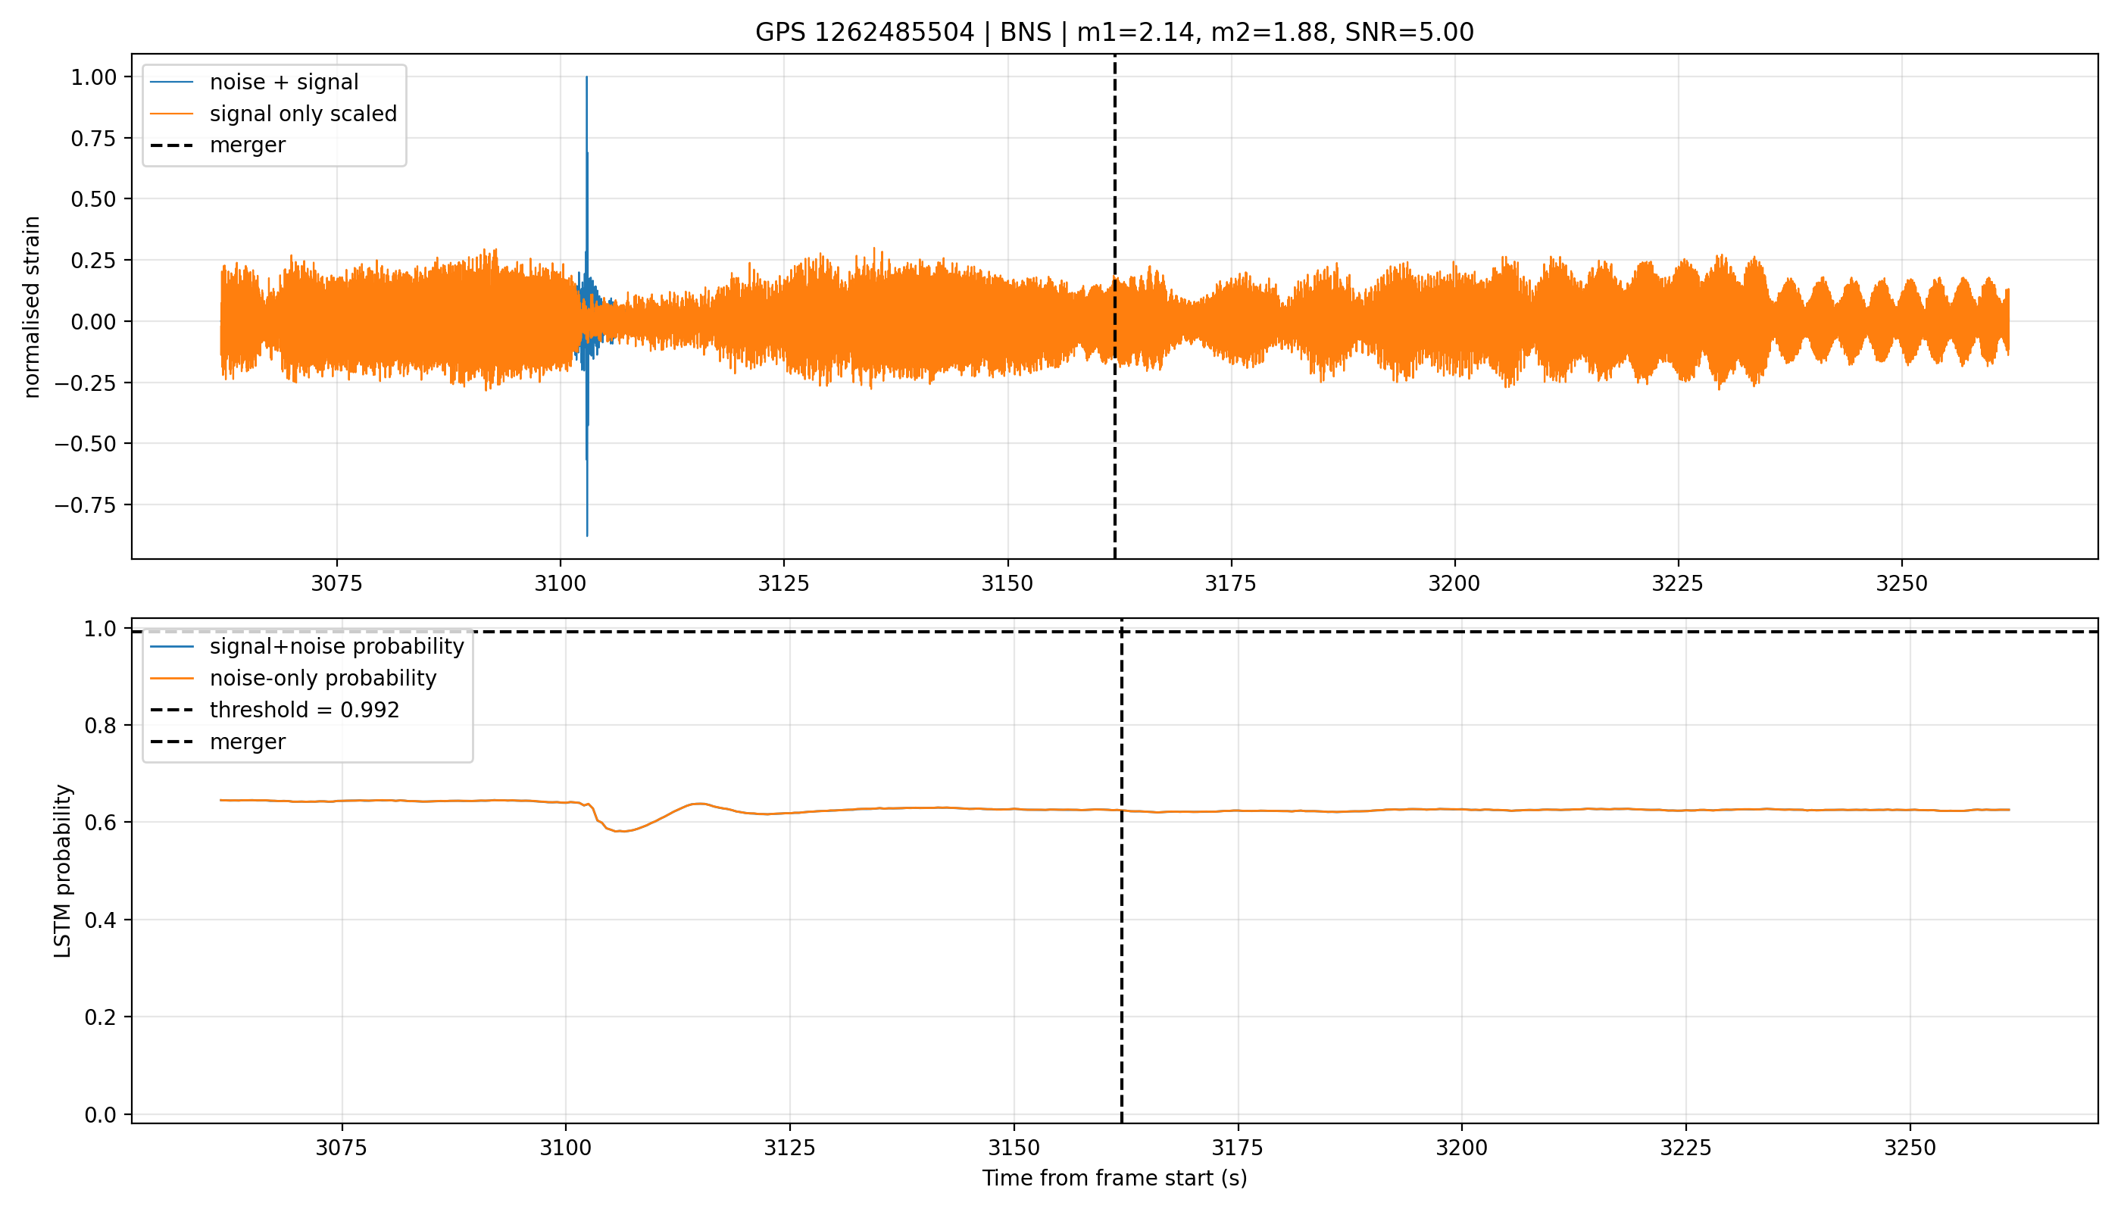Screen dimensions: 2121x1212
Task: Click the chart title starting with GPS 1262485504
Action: (1114, 32)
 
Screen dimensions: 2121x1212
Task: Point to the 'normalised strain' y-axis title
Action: (32, 307)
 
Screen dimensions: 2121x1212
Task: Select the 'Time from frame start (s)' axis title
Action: (1114, 1178)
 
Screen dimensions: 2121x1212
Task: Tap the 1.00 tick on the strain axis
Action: (94, 77)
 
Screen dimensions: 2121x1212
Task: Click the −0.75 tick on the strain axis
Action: (86, 505)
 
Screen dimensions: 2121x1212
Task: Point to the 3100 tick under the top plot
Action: (561, 583)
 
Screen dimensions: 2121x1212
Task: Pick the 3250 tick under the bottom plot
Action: (1910, 1148)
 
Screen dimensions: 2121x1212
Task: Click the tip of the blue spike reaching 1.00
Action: (587, 77)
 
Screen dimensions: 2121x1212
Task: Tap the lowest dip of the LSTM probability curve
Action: (620, 831)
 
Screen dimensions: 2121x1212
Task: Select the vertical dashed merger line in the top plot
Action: (1114, 306)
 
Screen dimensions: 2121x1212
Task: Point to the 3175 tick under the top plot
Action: (1230, 583)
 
